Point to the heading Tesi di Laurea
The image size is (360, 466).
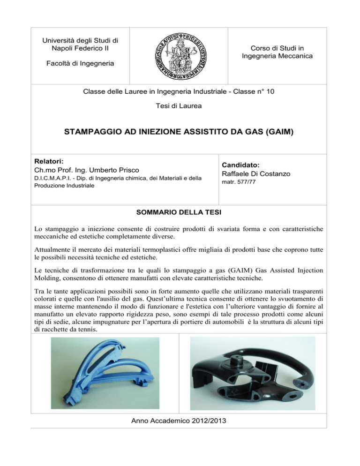(x=180, y=106)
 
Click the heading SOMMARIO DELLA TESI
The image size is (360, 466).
(x=180, y=211)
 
